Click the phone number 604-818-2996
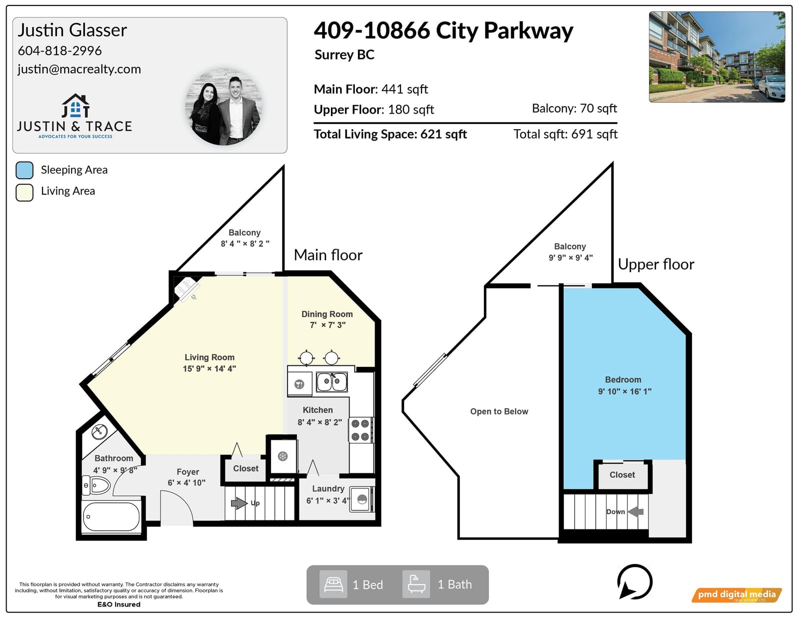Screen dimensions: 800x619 59,51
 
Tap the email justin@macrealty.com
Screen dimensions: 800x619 79,69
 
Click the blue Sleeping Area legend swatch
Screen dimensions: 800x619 24,170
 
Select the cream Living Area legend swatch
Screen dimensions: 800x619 24,192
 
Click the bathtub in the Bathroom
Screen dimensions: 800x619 111,516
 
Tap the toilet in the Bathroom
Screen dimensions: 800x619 95,485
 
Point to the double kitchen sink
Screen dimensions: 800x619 331,382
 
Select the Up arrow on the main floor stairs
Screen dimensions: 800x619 239,503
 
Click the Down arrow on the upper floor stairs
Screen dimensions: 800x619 635,511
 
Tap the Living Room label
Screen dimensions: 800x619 209,357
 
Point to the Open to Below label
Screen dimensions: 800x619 499,411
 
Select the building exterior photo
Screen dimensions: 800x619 717,57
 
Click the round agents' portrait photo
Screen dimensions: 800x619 224,107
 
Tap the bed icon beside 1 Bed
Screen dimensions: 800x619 333,584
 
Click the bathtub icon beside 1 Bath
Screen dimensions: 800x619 416,584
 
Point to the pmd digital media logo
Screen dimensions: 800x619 736,594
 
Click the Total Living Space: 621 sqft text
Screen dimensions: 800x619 390,134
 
